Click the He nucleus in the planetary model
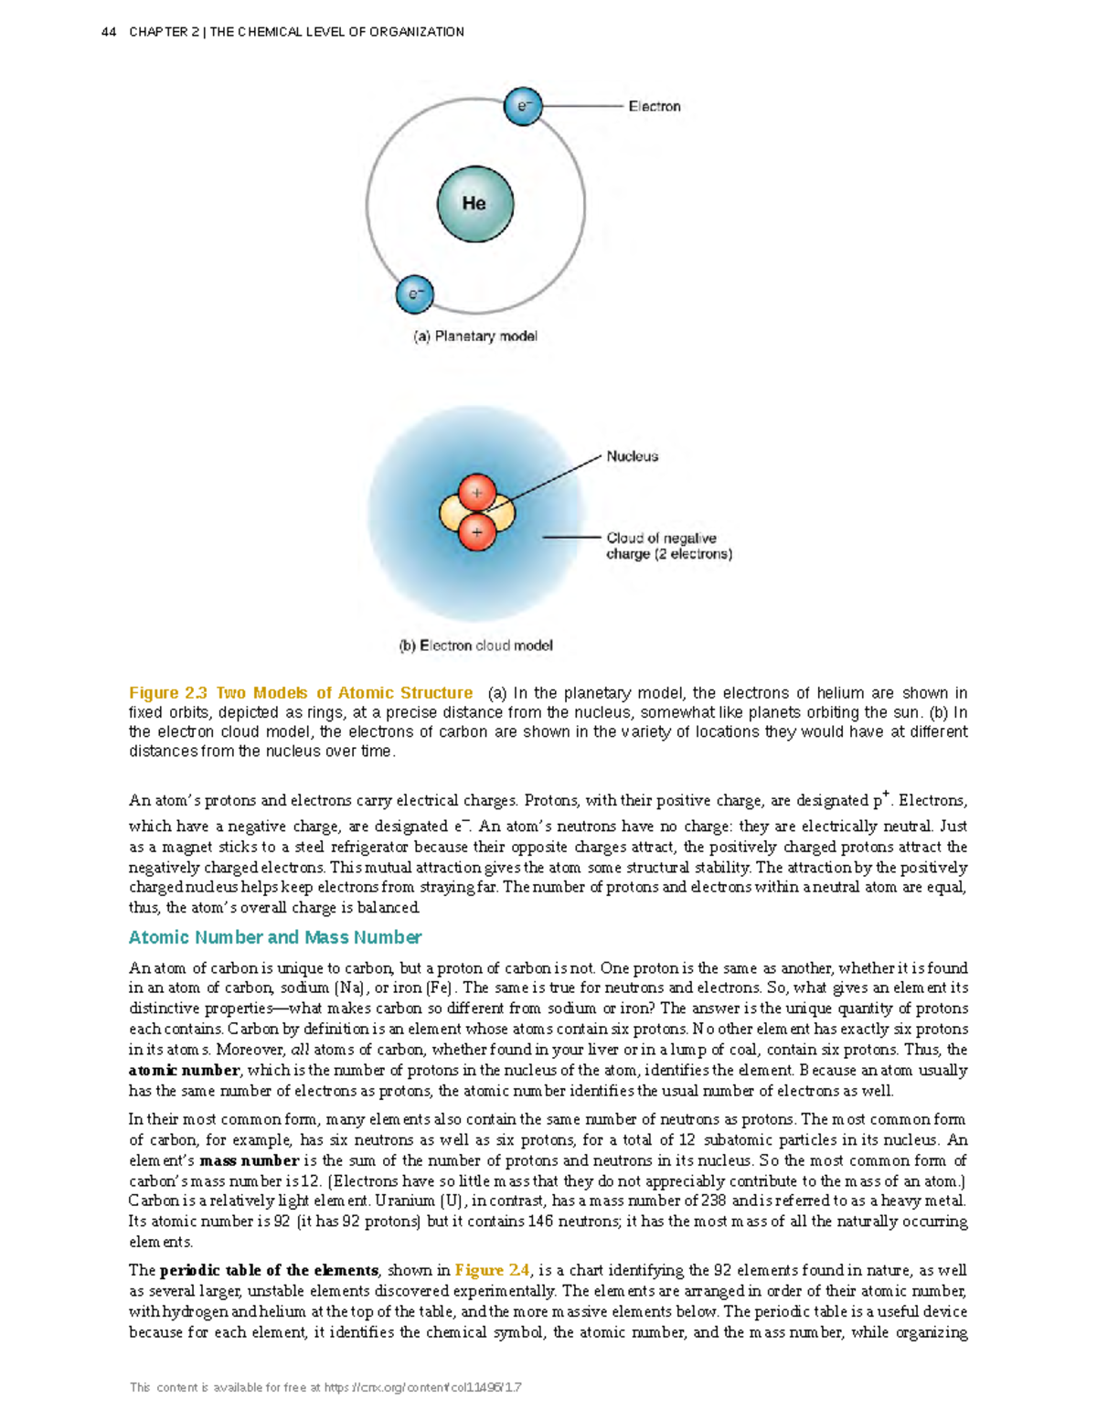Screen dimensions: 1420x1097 pyautogui.click(x=474, y=204)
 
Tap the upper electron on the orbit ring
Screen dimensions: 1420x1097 pyautogui.click(x=523, y=106)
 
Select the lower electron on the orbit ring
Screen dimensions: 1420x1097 pyautogui.click(x=415, y=294)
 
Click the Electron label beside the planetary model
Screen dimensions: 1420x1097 pyautogui.click(x=654, y=106)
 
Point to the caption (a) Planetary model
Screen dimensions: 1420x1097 pyautogui.click(x=475, y=336)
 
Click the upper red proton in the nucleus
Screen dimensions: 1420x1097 pyautogui.click(x=476, y=493)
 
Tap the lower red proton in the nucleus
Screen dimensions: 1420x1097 pyautogui.click(x=476, y=531)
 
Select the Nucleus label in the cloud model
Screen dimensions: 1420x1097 pyautogui.click(x=632, y=456)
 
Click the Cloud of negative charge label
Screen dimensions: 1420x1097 pyautogui.click(x=668, y=546)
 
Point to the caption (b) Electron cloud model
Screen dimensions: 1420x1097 pyautogui.click(x=475, y=646)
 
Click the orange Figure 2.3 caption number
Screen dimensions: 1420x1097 pyautogui.click(x=168, y=693)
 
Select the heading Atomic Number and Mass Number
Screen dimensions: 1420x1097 pyautogui.click(x=275, y=937)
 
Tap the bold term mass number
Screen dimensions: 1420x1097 pyautogui.click(x=250, y=1160)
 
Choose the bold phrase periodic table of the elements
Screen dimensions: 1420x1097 pyautogui.click(x=269, y=1270)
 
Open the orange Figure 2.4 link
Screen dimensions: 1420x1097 pyautogui.click(x=492, y=1270)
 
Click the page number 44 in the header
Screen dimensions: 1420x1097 pyautogui.click(x=109, y=32)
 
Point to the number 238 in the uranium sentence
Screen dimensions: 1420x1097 pyautogui.click(x=713, y=1201)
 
